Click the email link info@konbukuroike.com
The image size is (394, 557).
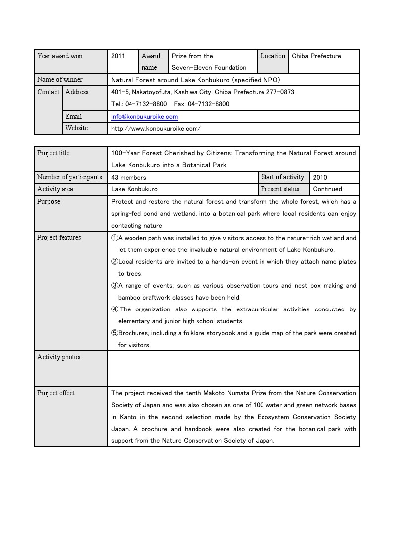[144, 117]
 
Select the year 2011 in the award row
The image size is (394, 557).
[118, 56]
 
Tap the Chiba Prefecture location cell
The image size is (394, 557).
[317, 56]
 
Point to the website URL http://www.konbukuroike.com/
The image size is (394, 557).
[156, 128]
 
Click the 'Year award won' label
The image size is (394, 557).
[60, 56]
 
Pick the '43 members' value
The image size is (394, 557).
[129, 177]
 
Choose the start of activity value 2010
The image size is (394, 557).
[320, 177]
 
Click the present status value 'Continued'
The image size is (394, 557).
[328, 189]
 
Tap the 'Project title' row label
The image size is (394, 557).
[54, 153]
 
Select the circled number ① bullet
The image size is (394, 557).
[114, 238]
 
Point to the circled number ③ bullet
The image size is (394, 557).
[114, 286]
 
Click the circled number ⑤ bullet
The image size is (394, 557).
[114, 333]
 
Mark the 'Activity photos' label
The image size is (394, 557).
[59, 357]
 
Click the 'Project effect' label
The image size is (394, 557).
[56, 393]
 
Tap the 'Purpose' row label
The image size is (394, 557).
[49, 201]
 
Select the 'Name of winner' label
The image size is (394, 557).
[60, 79]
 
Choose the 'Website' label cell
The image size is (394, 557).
[76, 128]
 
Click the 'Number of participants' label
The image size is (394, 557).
[69, 177]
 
